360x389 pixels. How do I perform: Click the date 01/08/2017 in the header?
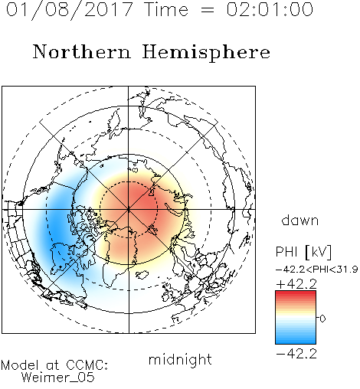[69, 10]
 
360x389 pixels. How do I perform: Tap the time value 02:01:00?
[270, 9]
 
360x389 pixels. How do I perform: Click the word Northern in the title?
[82, 52]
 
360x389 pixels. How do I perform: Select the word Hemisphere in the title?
[206, 53]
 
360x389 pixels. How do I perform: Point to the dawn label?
[300, 221]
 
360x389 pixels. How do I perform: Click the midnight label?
[180, 360]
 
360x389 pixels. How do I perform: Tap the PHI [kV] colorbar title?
[303, 252]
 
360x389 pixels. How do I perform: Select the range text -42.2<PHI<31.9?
[317, 270]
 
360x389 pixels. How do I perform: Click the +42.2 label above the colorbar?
[296, 284]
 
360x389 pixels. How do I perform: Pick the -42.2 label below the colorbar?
[296, 354]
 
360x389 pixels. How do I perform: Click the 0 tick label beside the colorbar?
[322, 319]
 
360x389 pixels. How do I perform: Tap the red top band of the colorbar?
[296, 293]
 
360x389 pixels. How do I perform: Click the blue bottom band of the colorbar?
[296, 341]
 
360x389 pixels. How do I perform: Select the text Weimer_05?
[58, 378]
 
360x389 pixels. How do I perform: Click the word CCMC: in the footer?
[87, 364]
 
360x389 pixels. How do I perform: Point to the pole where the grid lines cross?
[129, 209]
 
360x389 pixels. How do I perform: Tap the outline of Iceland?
[142, 275]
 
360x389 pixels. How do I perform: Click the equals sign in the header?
[207, 10]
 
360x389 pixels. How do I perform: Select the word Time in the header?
[166, 9]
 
